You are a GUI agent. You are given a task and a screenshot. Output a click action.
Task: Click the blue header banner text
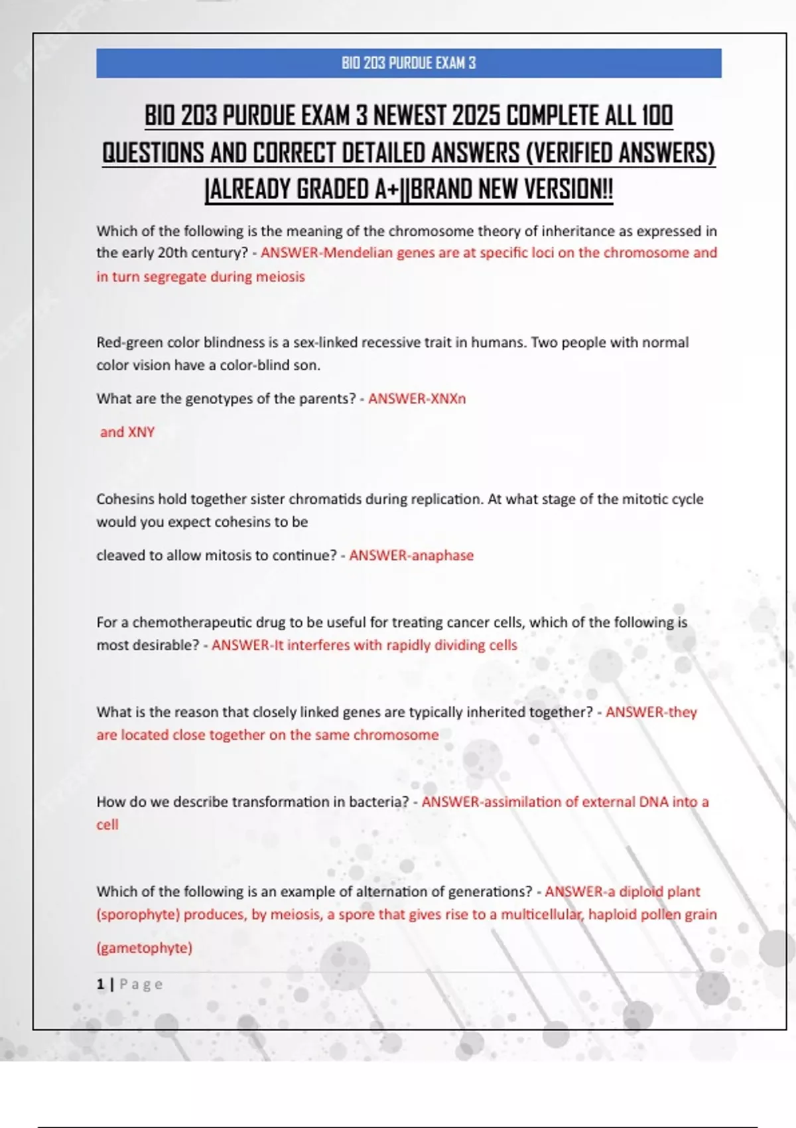pos(409,63)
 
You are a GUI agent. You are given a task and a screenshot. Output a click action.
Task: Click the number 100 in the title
pos(657,115)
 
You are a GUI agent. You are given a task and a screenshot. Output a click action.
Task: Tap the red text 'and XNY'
pos(127,432)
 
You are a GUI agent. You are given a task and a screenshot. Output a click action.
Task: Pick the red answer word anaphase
pos(442,555)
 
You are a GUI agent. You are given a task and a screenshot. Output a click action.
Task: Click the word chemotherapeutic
pos(192,622)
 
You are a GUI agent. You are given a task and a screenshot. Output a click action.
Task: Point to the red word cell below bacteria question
pos(107,825)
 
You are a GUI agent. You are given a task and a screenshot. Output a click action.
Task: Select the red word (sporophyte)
pos(138,914)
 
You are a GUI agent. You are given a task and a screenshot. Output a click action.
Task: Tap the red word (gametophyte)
pos(145,948)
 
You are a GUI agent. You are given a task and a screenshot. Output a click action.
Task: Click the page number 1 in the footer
pos(100,984)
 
